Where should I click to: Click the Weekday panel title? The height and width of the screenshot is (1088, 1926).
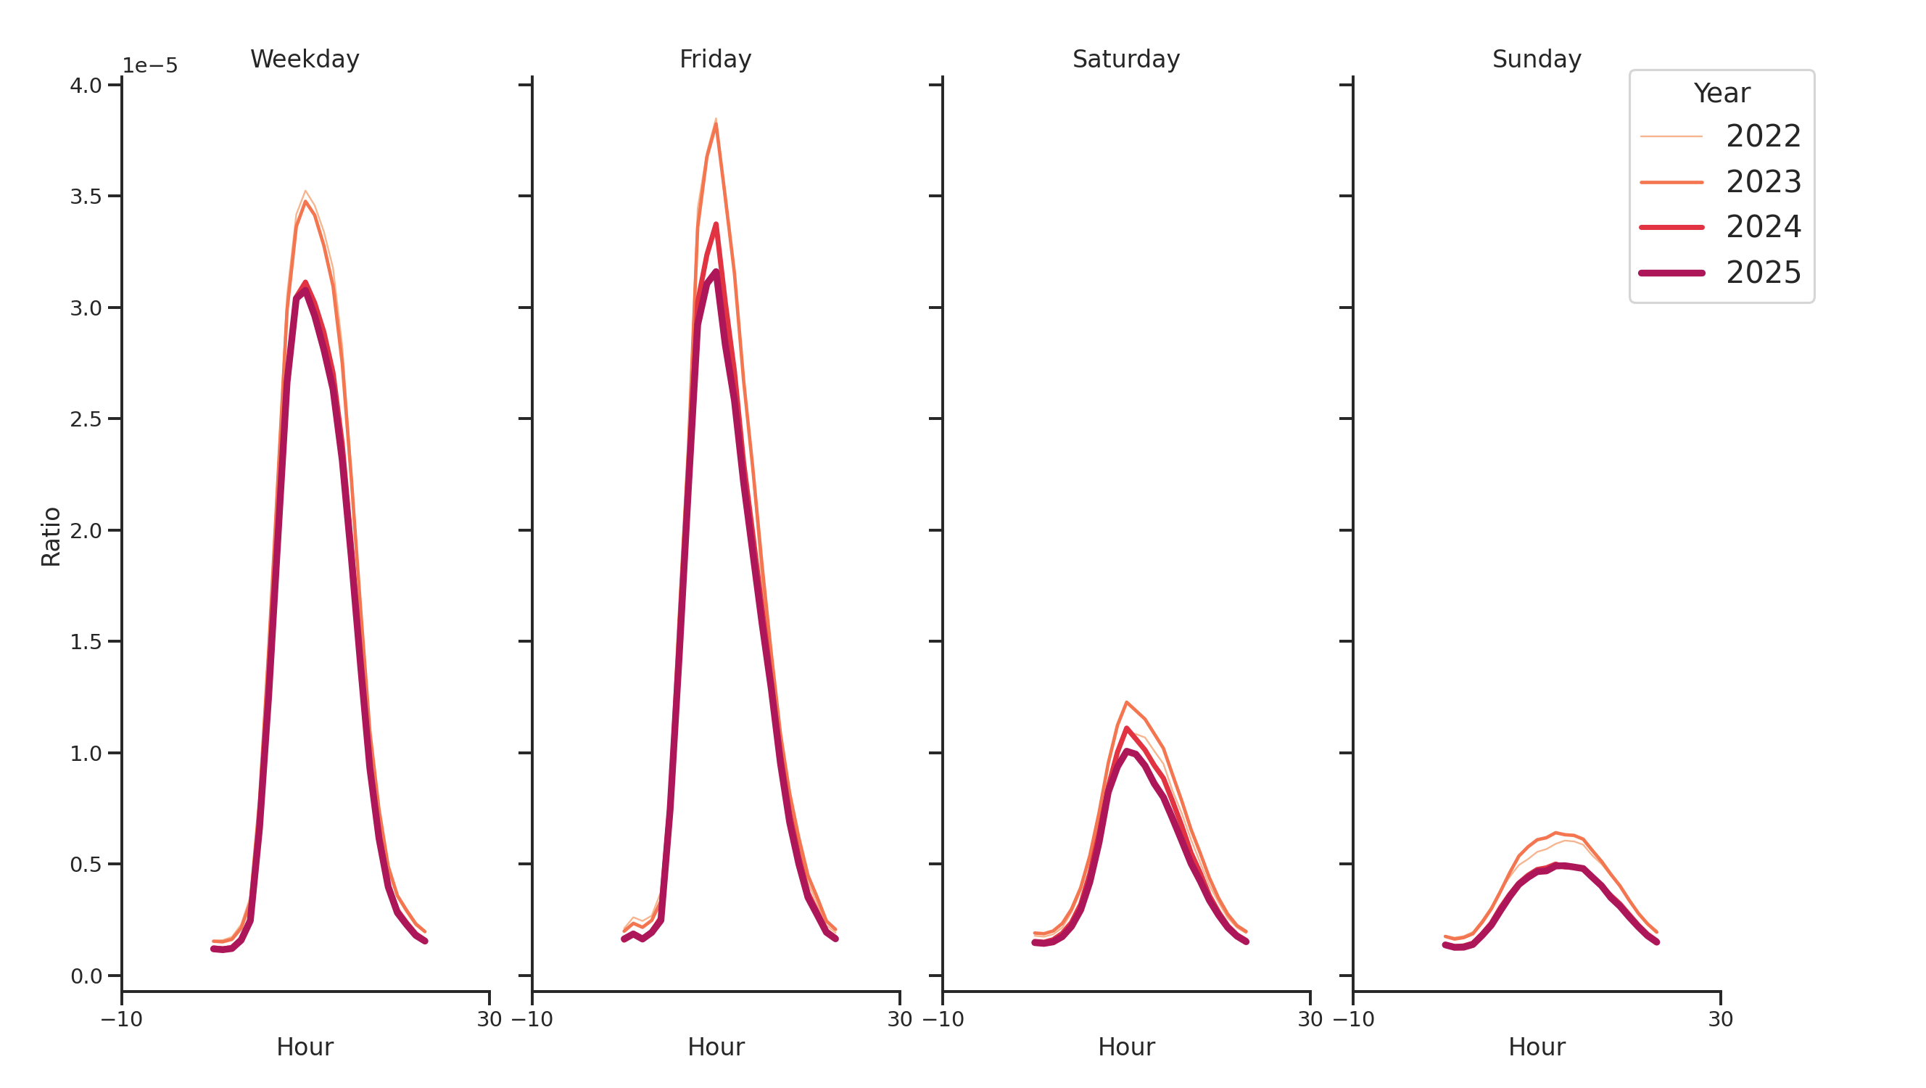pos(305,59)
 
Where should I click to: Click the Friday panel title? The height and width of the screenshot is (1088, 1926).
pos(715,59)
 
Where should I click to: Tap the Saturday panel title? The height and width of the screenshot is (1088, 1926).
pos(1125,59)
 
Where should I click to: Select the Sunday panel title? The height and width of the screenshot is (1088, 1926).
pos(1536,59)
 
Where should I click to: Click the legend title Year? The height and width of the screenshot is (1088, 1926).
pos(1721,94)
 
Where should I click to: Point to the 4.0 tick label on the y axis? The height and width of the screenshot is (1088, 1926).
pos(86,86)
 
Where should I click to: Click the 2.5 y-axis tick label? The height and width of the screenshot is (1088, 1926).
pos(86,419)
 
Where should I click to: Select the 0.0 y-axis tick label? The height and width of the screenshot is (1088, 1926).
pos(86,976)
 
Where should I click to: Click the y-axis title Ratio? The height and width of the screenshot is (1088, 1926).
pos(51,536)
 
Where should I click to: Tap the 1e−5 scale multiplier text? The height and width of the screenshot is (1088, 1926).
pos(149,66)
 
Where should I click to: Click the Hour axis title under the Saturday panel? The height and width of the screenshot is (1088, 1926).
pos(1125,1047)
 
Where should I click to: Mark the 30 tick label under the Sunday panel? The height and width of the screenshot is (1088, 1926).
pos(1719,1019)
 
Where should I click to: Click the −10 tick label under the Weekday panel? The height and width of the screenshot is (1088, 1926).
pos(121,1019)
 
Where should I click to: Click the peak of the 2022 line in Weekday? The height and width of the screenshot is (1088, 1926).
pos(305,191)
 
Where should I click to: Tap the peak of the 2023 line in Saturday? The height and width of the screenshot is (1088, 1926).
pos(1126,702)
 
